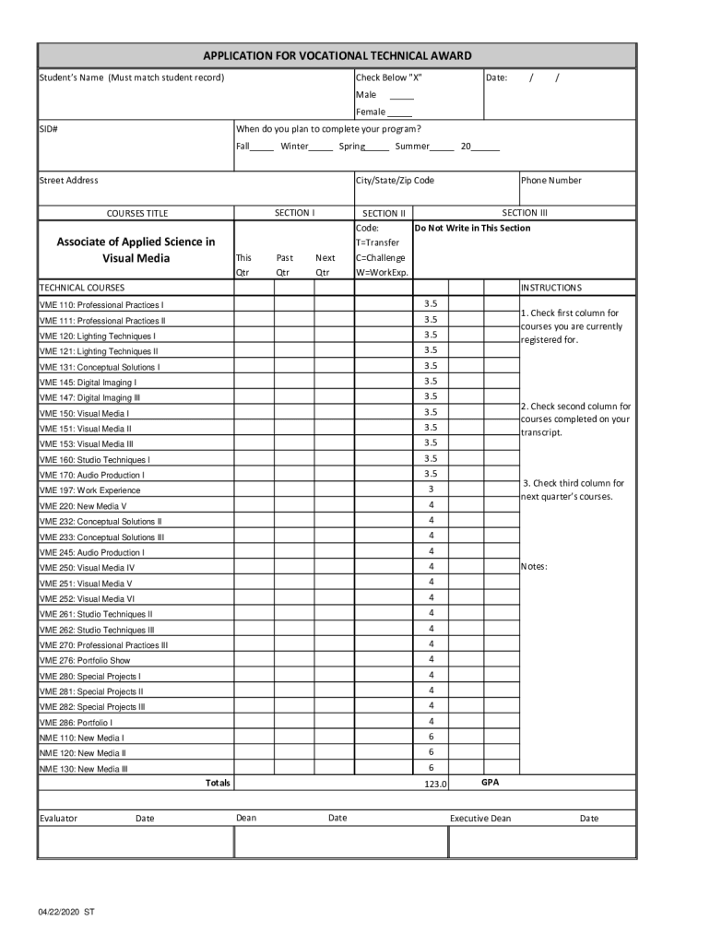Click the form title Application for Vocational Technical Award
click(x=337, y=56)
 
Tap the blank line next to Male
click(x=401, y=96)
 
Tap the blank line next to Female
click(x=399, y=112)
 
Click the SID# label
click(x=49, y=129)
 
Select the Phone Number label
click(x=551, y=181)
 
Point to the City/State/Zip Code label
click(x=395, y=181)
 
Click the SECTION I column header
click(x=295, y=213)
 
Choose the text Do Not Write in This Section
click(x=472, y=228)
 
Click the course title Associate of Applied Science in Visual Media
click(x=136, y=250)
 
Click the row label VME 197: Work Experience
click(x=89, y=490)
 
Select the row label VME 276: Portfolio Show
click(x=85, y=660)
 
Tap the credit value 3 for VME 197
click(x=431, y=490)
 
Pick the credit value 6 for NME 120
click(x=431, y=752)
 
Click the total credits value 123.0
click(x=435, y=784)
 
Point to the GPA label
click(x=491, y=782)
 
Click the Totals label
click(x=218, y=783)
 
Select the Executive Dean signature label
click(x=479, y=819)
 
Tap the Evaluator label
click(x=58, y=819)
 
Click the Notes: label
click(x=534, y=566)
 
